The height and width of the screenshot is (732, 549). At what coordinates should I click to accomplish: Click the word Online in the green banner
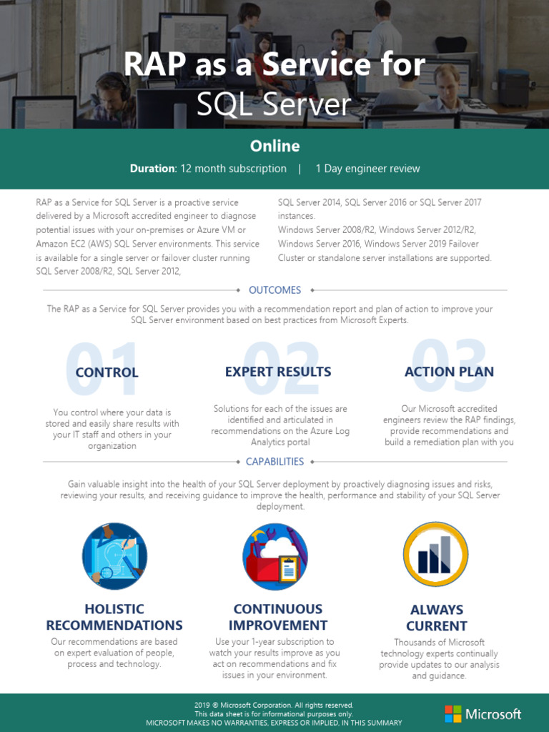(274, 146)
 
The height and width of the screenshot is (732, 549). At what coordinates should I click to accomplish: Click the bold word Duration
(152, 169)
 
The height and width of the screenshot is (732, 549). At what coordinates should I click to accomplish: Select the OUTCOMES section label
(274, 290)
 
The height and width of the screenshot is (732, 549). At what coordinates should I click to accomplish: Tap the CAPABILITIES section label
(274, 462)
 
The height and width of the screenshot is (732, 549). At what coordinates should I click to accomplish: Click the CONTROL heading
(107, 372)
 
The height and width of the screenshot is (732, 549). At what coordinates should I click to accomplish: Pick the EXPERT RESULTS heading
(278, 372)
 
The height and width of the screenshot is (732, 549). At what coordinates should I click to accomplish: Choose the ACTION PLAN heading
(449, 372)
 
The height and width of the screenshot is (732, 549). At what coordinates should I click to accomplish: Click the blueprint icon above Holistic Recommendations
(114, 556)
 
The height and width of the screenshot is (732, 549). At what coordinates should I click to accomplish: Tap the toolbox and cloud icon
(275, 557)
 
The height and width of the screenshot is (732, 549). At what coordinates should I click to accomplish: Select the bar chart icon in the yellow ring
(435, 555)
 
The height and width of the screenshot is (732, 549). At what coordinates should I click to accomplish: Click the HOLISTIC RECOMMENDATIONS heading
(114, 617)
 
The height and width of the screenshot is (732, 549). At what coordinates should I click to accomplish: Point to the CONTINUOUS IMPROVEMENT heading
(278, 617)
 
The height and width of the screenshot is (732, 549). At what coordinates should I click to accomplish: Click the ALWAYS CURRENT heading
(436, 618)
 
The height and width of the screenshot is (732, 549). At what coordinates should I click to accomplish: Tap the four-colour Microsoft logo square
(453, 713)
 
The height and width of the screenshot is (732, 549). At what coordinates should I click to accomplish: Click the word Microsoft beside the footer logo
(493, 713)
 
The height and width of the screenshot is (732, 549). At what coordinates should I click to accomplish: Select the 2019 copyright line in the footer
(274, 705)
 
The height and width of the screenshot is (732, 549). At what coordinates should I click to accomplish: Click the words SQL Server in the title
(274, 105)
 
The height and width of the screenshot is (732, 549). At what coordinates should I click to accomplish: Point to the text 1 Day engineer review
(367, 169)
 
